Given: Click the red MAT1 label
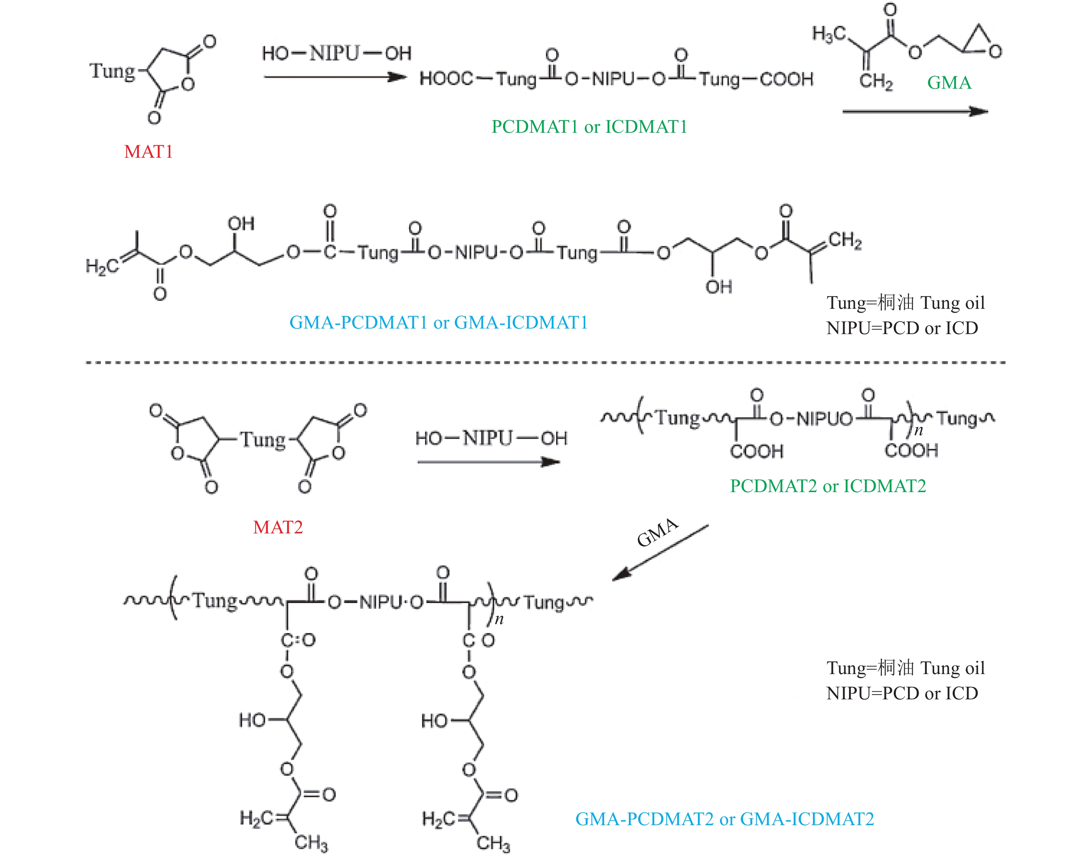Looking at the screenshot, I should [148, 151].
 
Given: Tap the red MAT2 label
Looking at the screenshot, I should [278, 527].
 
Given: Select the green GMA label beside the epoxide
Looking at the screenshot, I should [949, 83].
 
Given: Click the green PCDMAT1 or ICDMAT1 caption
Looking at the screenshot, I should [589, 127].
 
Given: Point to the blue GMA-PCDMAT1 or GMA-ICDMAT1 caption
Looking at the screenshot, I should [438, 322].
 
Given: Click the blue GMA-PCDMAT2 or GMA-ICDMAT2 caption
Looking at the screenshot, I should [725, 819].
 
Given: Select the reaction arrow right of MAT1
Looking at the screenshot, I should [335, 77].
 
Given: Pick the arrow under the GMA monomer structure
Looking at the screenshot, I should [915, 111].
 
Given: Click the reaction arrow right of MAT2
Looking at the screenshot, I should [488, 462].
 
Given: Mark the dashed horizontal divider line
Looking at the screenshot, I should [546, 363].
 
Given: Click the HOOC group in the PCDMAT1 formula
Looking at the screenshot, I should [446, 79].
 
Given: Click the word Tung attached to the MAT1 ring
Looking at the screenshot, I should [113, 71].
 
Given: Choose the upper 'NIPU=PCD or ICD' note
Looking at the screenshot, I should [902, 328].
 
